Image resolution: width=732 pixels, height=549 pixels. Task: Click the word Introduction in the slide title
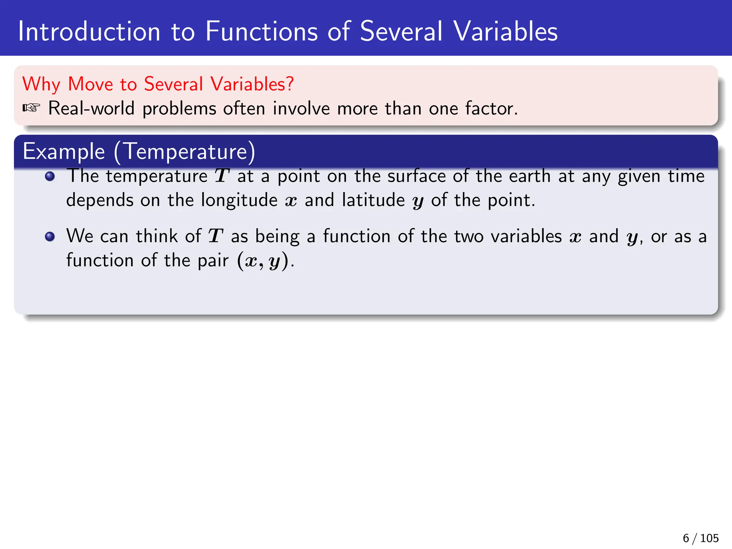click(89, 31)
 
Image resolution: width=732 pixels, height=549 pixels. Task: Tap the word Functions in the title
click(261, 31)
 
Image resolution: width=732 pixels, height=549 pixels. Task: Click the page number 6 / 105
click(700, 538)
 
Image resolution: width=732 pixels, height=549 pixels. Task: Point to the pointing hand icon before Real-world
click(31, 108)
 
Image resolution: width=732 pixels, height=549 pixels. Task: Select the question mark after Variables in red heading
click(290, 84)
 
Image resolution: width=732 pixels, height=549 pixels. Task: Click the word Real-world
click(91, 108)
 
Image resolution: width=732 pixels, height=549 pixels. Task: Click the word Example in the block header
click(64, 152)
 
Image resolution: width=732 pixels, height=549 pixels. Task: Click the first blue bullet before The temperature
click(50, 176)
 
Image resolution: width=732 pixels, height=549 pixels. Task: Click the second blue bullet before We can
click(50, 237)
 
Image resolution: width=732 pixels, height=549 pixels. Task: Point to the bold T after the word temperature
click(222, 176)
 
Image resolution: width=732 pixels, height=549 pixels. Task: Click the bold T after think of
click(216, 236)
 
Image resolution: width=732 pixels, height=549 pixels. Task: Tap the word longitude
click(239, 200)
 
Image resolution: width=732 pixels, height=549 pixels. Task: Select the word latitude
click(373, 200)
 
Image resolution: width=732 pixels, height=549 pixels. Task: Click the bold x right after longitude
click(291, 201)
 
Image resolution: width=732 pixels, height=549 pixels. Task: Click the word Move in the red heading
click(90, 84)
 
